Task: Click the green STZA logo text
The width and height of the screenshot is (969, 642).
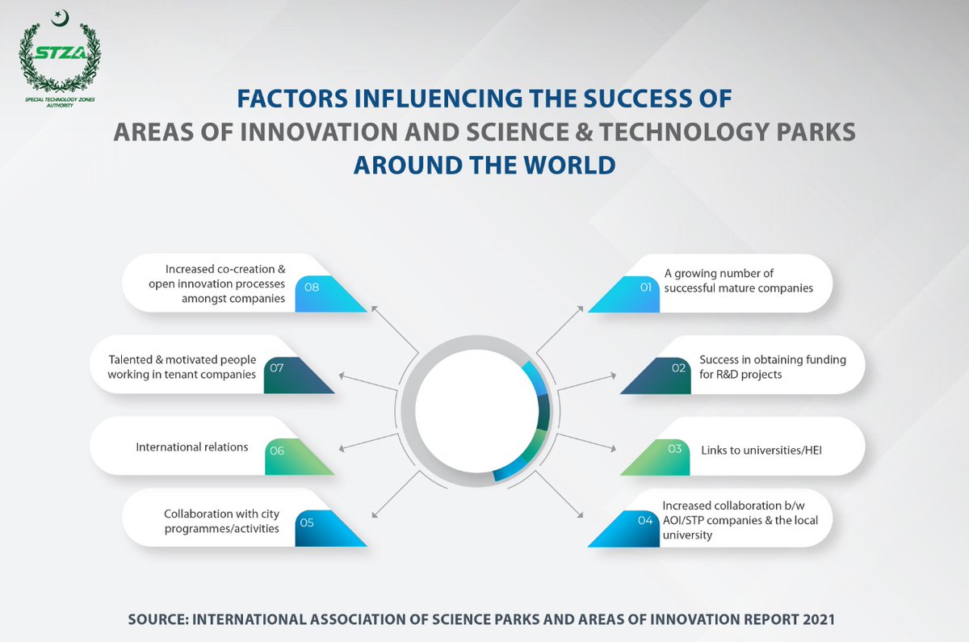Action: point(60,53)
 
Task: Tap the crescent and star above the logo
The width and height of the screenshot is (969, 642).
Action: point(60,18)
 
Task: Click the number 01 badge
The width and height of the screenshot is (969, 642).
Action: point(645,287)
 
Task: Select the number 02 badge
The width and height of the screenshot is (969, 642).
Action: point(678,368)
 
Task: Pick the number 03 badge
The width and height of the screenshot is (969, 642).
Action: point(674,449)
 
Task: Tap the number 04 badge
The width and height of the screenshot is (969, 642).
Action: point(645,520)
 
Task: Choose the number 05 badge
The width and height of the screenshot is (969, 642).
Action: point(307,522)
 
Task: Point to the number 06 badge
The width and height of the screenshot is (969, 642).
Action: point(277,451)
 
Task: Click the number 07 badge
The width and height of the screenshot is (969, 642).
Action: point(276,368)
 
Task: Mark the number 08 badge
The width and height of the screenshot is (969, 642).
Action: point(312,287)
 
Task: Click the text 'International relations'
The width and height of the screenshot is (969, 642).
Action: point(192,447)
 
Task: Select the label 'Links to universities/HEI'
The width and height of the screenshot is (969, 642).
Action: point(761,451)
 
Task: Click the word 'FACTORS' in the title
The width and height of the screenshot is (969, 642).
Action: point(292,99)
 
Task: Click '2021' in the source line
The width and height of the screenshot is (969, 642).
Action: point(819,619)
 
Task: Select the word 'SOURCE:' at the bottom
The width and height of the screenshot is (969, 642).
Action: point(158,619)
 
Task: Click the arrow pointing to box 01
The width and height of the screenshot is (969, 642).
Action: point(560,329)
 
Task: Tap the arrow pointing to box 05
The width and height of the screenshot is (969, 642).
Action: point(396,494)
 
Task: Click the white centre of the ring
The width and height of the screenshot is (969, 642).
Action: point(476,411)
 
